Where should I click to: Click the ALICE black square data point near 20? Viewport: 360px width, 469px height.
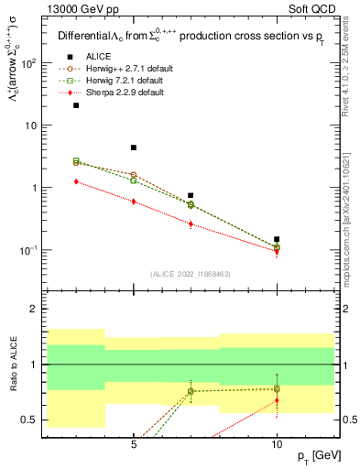(77, 105)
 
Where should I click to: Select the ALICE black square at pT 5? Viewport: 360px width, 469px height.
(134, 147)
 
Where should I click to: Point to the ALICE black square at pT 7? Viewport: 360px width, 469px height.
(191, 195)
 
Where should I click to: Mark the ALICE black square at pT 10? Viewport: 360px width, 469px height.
(277, 239)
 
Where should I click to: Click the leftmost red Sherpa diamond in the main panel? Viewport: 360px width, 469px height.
(77, 181)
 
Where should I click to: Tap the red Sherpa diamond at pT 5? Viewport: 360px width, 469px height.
(134, 201)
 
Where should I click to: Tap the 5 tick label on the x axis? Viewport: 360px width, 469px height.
(134, 441)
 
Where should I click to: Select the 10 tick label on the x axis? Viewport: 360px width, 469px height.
(277, 441)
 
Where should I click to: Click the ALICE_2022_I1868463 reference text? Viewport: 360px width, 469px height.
(189, 274)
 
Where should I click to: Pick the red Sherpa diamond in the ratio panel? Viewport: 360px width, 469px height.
(277, 400)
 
